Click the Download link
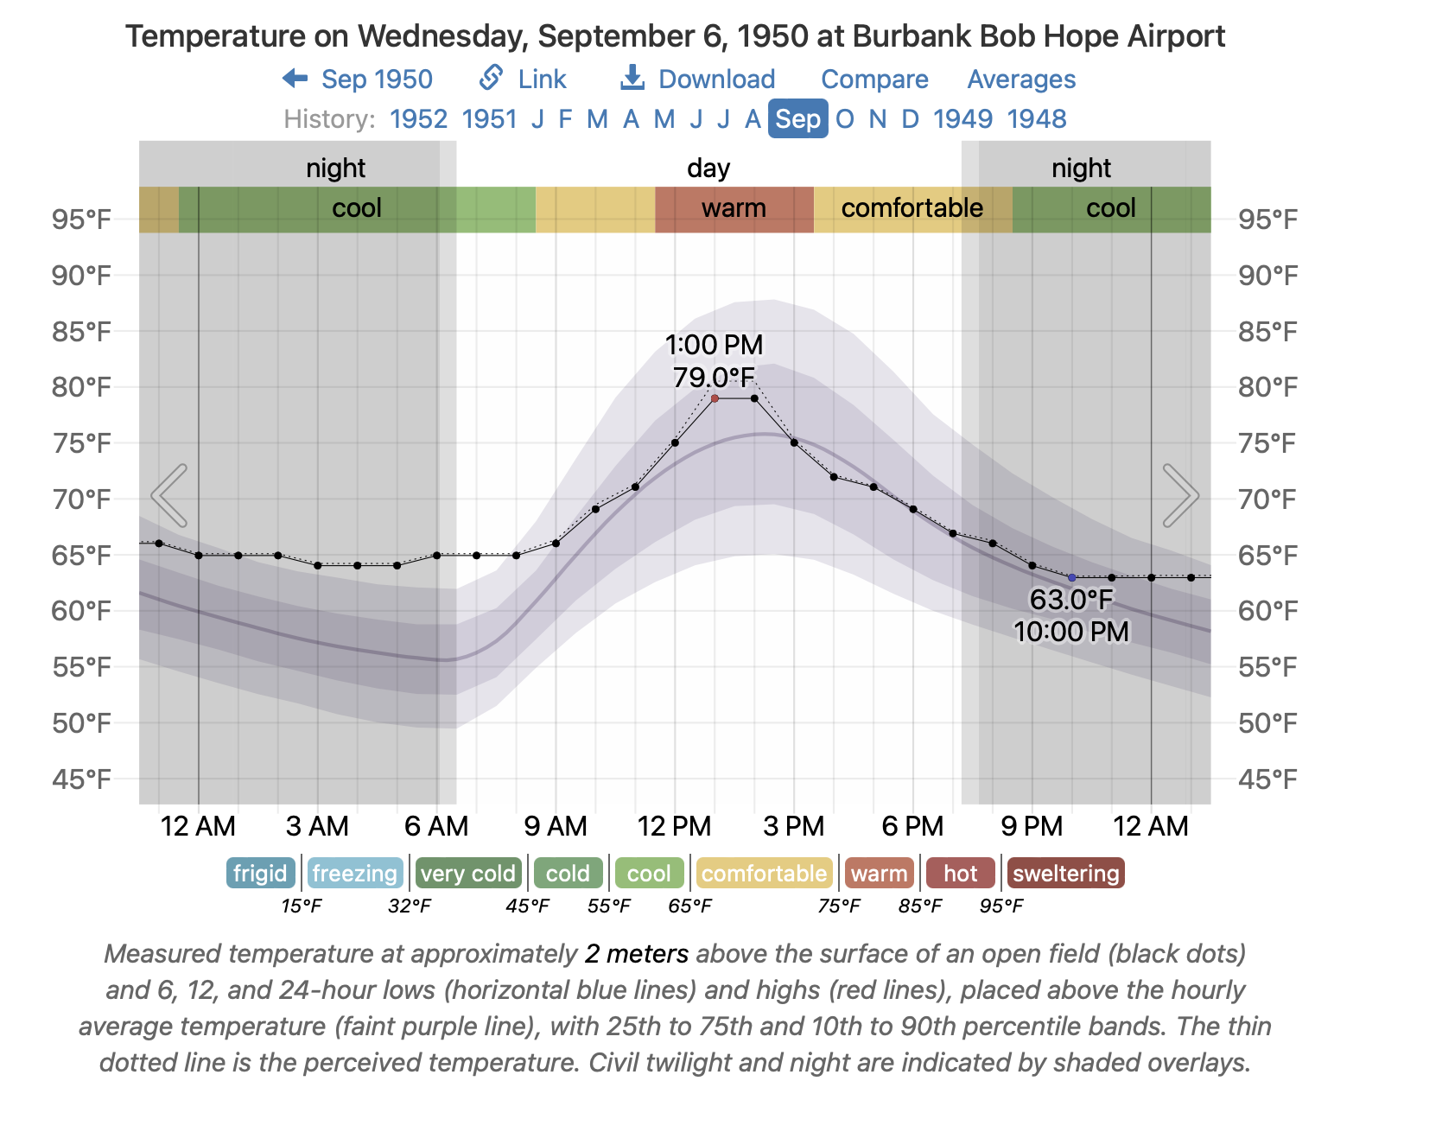pos(698,79)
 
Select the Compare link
pos(874,79)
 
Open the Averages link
pos(1021,79)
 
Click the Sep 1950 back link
pos(358,79)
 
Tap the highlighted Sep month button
pos(797,119)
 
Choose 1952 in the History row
pos(418,119)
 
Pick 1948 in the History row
pos(1037,119)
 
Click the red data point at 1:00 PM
pos(715,398)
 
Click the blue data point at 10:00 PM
pos(1072,577)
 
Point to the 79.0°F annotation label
pos(714,378)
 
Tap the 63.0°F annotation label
pos(1071,599)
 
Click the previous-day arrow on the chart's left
pos(169,495)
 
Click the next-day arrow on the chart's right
pos(1180,495)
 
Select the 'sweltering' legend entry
pos(1065,874)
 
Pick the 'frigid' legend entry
pos(260,874)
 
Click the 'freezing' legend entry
pos(354,874)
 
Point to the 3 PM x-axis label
pos(794,826)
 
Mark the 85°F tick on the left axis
pos(81,332)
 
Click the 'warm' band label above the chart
pos(734,208)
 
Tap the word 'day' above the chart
pos(708,168)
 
